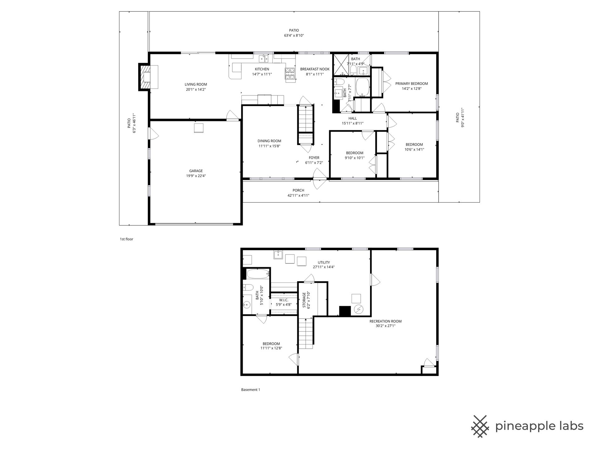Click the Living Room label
point(196,84)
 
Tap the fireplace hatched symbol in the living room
point(145,77)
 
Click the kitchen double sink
point(265,58)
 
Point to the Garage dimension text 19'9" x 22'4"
point(196,176)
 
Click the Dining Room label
point(269,141)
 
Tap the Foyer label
point(314,158)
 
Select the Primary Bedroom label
point(412,84)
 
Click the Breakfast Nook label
point(315,69)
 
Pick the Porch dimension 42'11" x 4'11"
point(298,196)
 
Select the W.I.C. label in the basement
point(284,300)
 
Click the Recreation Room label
point(385,321)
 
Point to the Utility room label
point(324,263)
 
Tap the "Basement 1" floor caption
point(251,390)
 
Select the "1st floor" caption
point(127,239)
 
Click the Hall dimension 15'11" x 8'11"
point(353,123)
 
